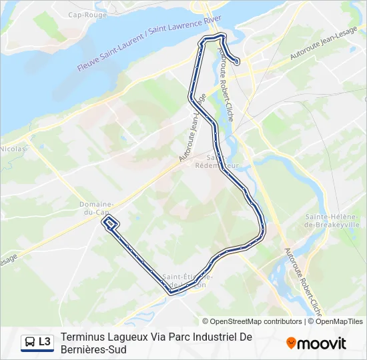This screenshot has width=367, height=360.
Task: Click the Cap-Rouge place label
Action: tap(83, 14)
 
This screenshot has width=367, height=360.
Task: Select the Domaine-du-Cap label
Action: tap(95, 208)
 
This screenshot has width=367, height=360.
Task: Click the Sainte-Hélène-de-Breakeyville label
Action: tap(332, 221)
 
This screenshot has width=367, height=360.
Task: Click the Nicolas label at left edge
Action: tap(12, 149)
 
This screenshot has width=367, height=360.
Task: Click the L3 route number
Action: tap(45, 342)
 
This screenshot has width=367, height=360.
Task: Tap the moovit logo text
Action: tap(322, 344)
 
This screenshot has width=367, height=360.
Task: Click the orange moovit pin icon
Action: tap(291, 343)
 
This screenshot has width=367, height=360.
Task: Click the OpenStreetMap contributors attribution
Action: tap(256, 321)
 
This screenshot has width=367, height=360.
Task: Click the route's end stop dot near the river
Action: tap(238, 63)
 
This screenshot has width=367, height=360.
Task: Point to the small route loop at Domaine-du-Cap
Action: tap(111, 223)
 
